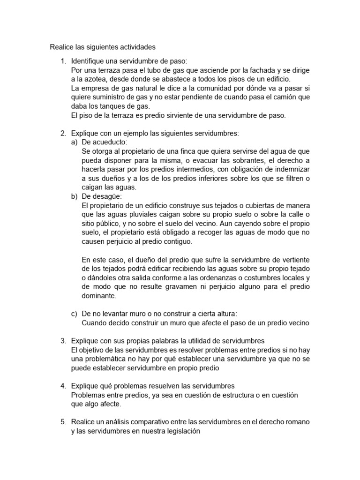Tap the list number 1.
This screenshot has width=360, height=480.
63,61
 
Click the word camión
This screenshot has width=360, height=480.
288,97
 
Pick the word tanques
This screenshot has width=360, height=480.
111,105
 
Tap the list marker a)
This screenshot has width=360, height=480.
74,142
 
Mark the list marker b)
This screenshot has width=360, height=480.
74,196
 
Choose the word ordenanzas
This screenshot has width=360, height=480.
236,278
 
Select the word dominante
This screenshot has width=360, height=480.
98,296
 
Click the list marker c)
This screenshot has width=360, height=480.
74,314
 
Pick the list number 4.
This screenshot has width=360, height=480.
63,386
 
